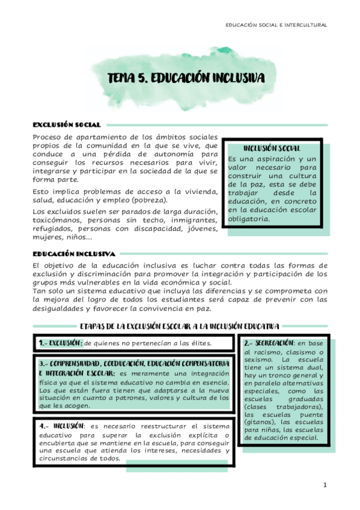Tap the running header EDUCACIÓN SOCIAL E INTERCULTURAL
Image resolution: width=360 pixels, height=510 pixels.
(276, 25)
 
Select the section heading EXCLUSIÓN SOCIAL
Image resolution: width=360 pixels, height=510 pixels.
(66, 124)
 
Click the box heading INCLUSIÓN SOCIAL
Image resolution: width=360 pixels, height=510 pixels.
(272, 148)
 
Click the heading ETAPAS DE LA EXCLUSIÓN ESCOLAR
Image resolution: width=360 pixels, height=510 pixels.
(179, 327)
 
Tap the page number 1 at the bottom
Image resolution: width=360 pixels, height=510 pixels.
(325, 485)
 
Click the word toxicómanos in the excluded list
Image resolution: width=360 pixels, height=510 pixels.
(59, 220)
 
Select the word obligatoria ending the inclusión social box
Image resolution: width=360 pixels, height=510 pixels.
(249, 218)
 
